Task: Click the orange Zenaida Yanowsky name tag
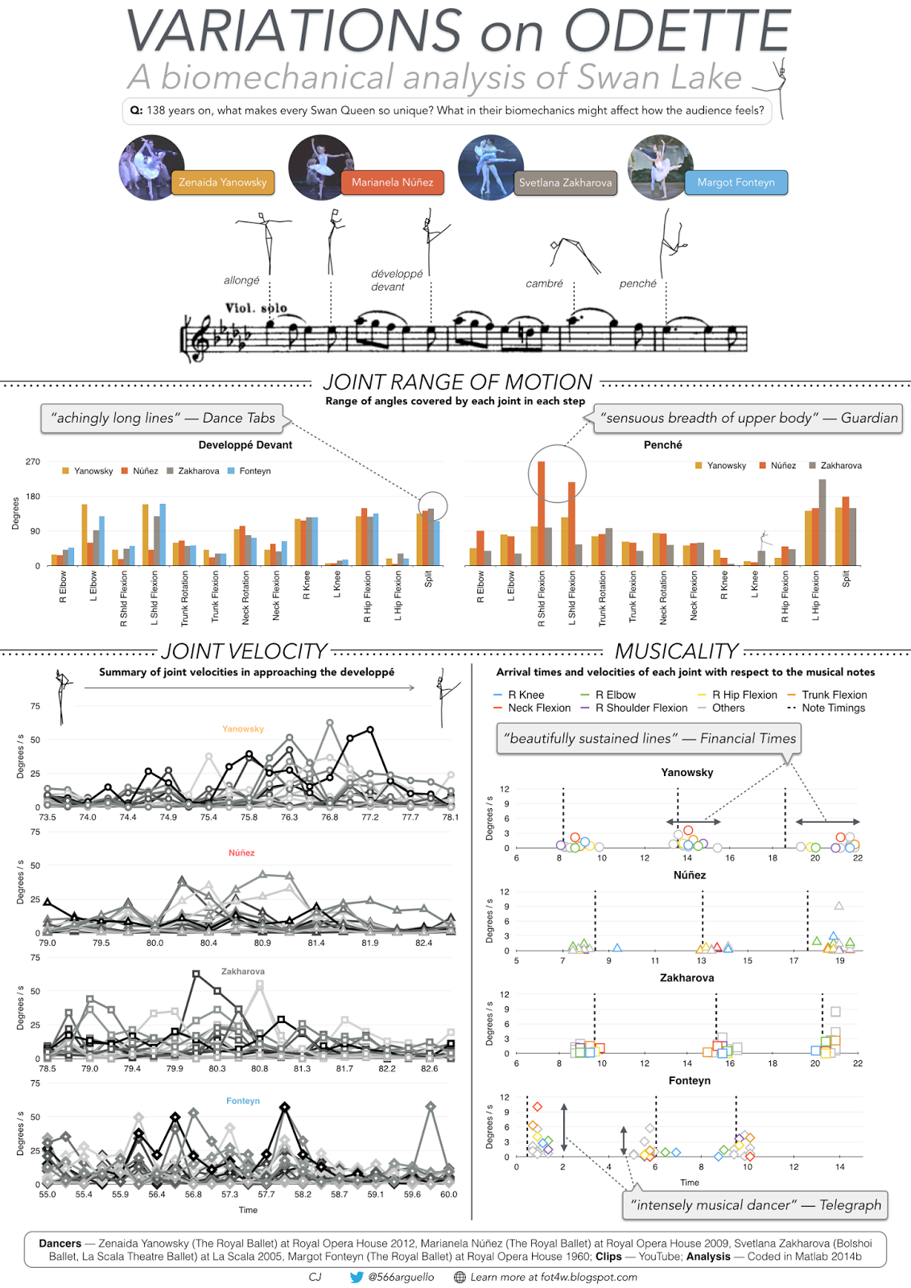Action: point(222,183)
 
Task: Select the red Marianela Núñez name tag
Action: point(392,183)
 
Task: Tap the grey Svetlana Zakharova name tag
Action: point(565,183)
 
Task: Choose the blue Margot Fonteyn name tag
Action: point(736,183)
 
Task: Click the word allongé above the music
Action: point(241,280)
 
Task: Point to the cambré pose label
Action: point(544,283)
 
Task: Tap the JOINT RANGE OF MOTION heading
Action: point(457,382)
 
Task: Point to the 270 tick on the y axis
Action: point(32,462)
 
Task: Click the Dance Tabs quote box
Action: point(163,418)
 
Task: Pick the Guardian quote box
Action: point(748,418)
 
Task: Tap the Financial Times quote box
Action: point(649,738)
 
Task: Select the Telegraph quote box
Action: point(756,1205)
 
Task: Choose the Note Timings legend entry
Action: point(833,708)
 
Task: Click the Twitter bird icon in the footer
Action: point(357,1277)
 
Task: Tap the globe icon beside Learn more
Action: point(460,1277)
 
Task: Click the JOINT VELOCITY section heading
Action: point(244,650)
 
